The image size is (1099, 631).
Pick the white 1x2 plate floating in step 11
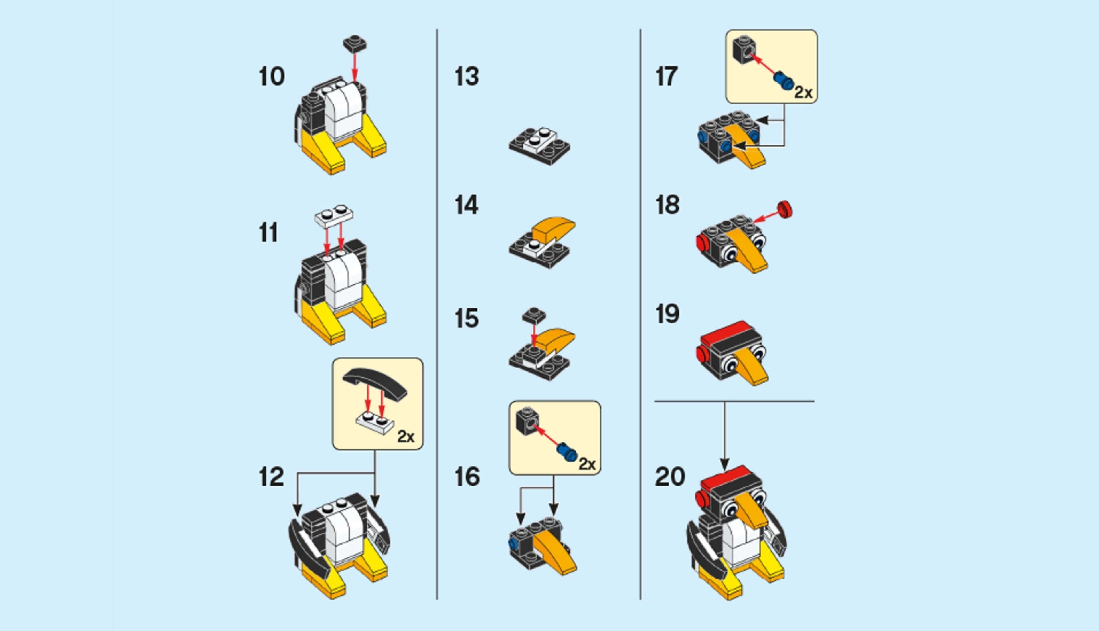click(334, 215)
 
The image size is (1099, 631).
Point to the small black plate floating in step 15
click(534, 315)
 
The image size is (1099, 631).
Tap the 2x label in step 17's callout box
click(803, 93)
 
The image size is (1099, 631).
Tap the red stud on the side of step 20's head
click(703, 499)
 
